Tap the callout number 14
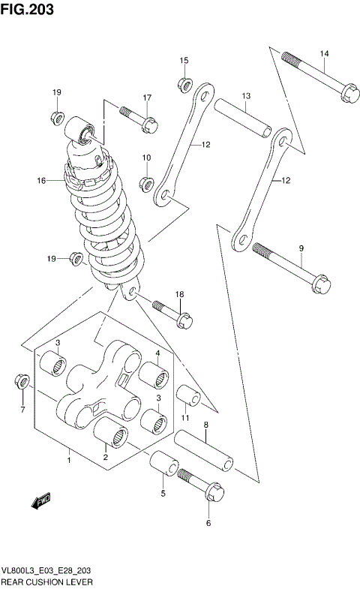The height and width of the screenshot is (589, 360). pyautogui.click(x=324, y=53)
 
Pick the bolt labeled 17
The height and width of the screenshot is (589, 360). pyautogui.click(x=139, y=118)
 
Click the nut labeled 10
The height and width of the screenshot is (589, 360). pyautogui.click(x=147, y=184)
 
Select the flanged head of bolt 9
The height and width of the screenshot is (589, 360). pyautogui.click(x=315, y=281)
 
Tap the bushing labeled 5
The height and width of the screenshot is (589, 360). pyautogui.click(x=163, y=466)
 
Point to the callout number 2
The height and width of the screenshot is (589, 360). pyautogui.click(x=106, y=457)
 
